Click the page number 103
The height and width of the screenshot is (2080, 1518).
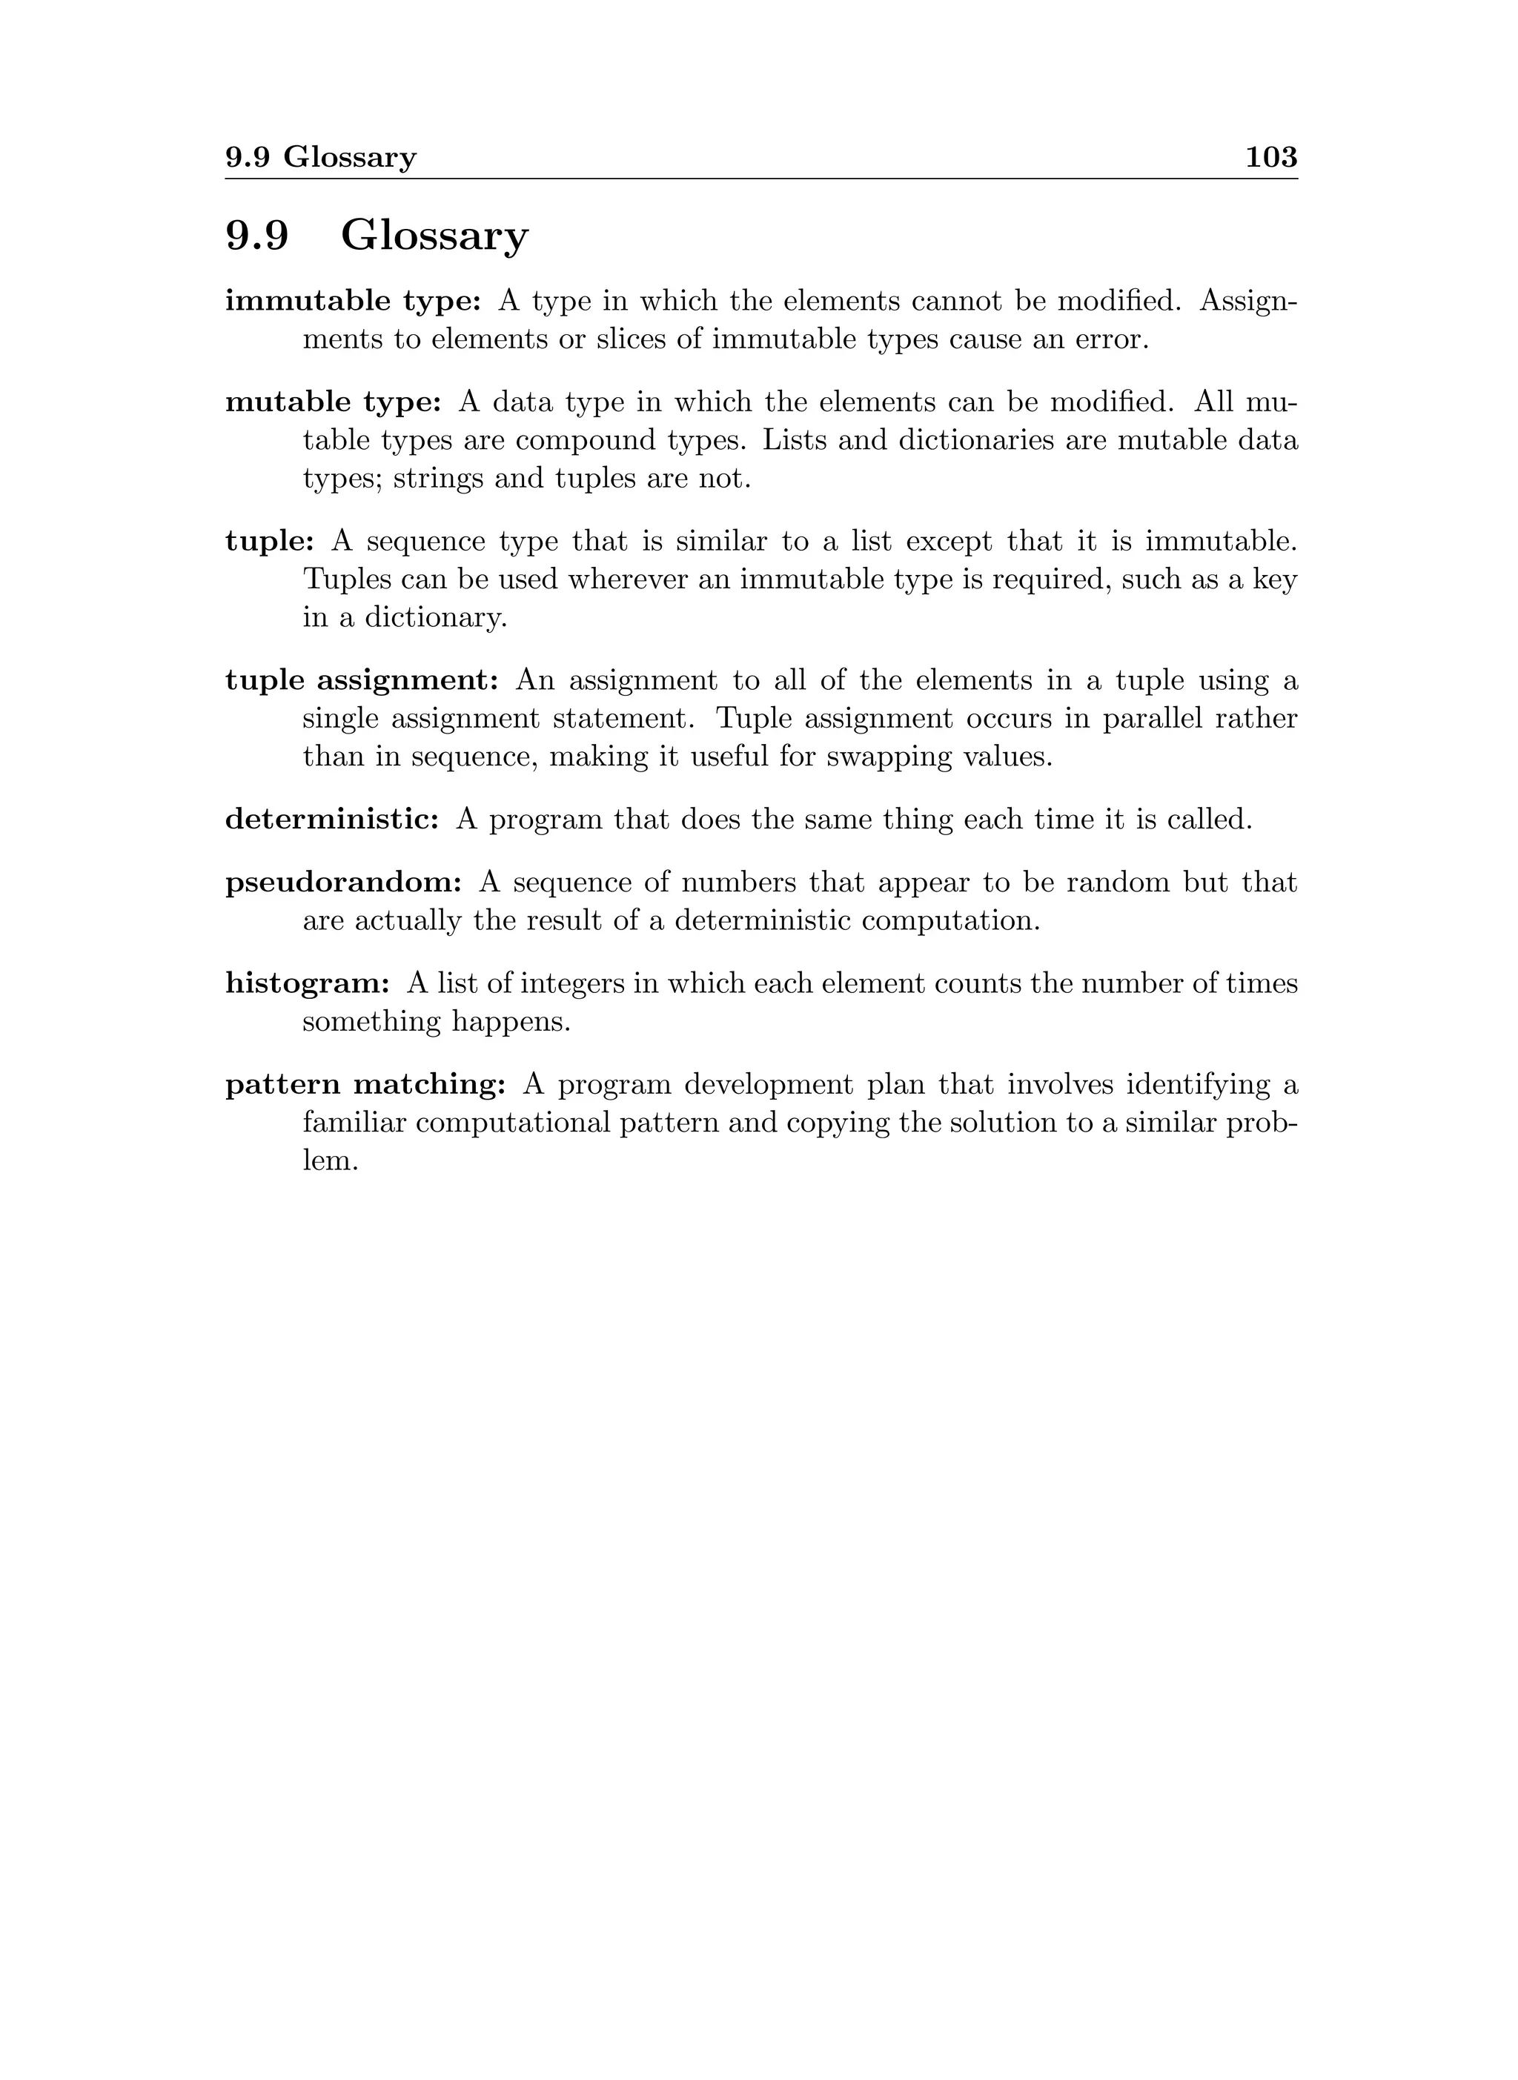[x=1271, y=157]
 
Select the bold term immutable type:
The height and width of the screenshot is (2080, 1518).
[x=353, y=302]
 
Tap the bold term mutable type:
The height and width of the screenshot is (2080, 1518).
[x=334, y=402]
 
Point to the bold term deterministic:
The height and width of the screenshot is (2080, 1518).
[x=333, y=819]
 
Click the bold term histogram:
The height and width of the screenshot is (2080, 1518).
[x=308, y=983]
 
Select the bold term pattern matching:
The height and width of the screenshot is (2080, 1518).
[x=365, y=1084]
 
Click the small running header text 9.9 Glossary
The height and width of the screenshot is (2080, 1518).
[x=321, y=158]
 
